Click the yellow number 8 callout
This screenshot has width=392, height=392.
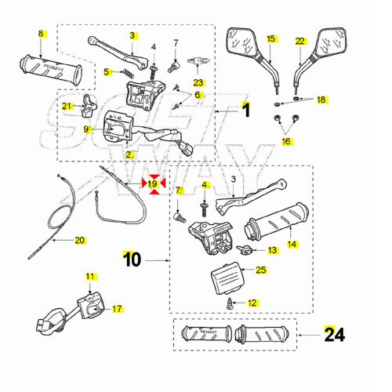(x=41, y=33)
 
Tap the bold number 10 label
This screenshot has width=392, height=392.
(x=131, y=256)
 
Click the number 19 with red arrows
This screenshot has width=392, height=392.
(x=154, y=184)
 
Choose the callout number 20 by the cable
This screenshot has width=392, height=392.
(x=79, y=241)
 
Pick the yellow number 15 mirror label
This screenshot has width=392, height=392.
(x=270, y=38)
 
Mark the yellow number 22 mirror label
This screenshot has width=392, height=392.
(x=299, y=40)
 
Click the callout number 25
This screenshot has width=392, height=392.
(x=261, y=270)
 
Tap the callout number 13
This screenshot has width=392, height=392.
(x=272, y=250)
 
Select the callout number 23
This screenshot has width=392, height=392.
(x=198, y=82)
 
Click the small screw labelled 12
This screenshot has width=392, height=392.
(x=230, y=301)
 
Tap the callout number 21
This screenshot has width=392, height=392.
(x=67, y=107)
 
